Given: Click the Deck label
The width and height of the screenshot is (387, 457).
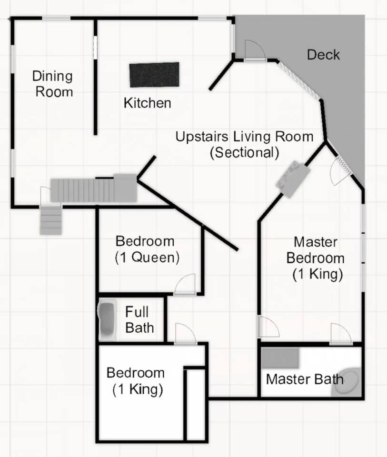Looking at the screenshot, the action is pyautogui.click(x=324, y=55).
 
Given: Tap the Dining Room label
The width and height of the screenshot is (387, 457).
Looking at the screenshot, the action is pyautogui.click(x=53, y=84).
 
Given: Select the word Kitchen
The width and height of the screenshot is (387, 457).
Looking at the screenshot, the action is pyautogui.click(x=147, y=103).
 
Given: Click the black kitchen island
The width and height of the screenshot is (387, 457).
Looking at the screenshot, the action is pyautogui.click(x=154, y=75).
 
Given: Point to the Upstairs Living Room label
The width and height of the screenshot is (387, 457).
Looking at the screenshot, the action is pyautogui.click(x=244, y=145).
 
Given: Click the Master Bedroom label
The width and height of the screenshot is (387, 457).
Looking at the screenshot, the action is pyautogui.click(x=316, y=258).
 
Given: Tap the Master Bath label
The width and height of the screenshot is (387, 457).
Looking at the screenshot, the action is pyautogui.click(x=305, y=379).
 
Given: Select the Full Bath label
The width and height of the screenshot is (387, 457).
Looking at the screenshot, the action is pyautogui.click(x=139, y=320).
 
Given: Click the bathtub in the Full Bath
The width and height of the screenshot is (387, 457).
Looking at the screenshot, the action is pyautogui.click(x=107, y=319).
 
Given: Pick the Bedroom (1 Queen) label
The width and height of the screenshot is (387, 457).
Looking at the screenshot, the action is pyautogui.click(x=147, y=249).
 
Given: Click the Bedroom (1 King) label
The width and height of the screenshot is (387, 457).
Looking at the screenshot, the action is pyautogui.click(x=136, y=381).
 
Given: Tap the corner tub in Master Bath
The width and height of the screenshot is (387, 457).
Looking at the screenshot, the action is pyautogui.click(x=347, y=382).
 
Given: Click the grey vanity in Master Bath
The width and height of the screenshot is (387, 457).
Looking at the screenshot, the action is pyautogui.click(x=280, y=358).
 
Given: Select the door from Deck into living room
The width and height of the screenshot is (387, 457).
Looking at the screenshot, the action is pyautogui.click(x=255, y=51).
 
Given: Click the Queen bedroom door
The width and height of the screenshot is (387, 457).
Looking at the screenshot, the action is pyautogui.click(x=185, y=285).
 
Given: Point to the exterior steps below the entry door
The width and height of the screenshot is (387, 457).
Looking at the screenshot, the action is pyautogui.click(x=51, y=221).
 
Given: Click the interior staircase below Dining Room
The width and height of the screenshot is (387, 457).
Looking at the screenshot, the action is pyautogui.click(x=94, y=189).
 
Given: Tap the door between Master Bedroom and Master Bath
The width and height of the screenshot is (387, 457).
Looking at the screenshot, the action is pyautogui.click(x=341, y=334).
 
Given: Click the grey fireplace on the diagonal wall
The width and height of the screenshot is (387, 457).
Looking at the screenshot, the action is pyautogui.click(x=293, y=179).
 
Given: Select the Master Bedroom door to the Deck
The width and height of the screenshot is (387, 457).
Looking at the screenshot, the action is pyautogui.click(x=340, y=172).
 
